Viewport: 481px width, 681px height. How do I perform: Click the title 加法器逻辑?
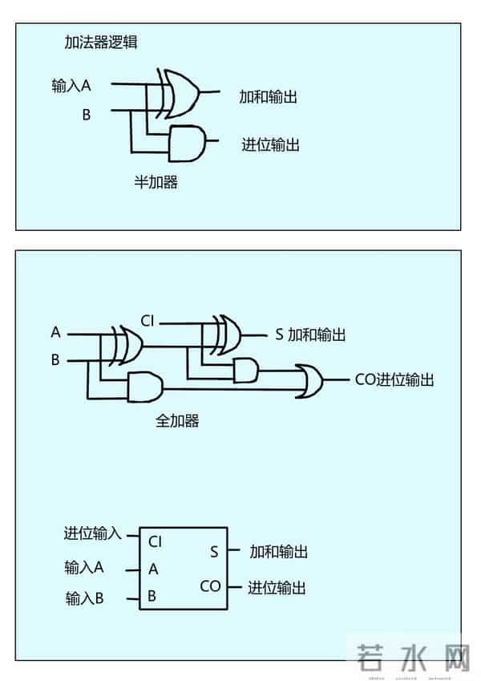[x=101, y=43]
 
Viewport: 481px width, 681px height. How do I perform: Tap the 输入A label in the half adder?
[x=71, y=86]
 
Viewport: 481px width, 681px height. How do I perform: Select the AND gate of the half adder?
[x=188, y=142]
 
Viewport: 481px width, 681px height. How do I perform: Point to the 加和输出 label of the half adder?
[x=269, y=97]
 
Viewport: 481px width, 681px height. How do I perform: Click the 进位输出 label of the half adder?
[x=271, y=145]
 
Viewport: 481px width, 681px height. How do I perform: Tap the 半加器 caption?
[x=156, y=182]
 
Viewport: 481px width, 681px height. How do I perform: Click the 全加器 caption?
[x=177, y=420]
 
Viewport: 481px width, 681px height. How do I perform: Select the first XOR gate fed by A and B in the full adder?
[x=126, y=344]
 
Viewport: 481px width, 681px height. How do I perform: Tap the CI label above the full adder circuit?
[x=147, y=321]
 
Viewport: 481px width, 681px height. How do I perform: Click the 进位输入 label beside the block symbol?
[x=92, y=533]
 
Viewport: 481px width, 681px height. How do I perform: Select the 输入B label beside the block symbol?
[x=84, y=598]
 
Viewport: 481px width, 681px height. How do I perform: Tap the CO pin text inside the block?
[x=210, y=586]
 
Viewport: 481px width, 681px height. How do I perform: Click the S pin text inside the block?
[x=214, y=552]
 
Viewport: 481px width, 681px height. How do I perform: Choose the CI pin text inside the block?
[x=156, y=541]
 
